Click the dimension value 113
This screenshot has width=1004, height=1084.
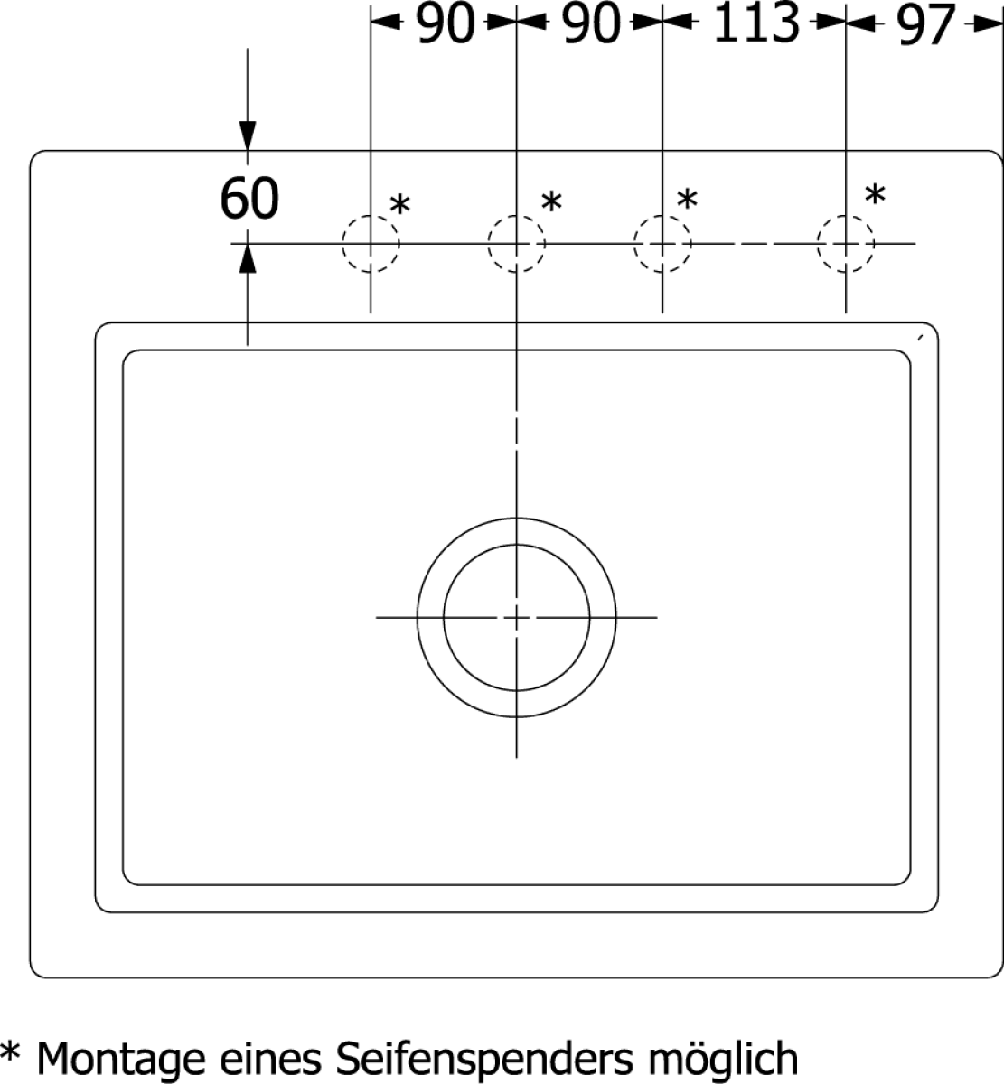756,23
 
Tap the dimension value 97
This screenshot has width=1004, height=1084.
926,24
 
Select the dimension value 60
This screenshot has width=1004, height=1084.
249,198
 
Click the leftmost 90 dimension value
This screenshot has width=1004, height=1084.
446,23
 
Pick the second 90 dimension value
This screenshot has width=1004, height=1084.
592,23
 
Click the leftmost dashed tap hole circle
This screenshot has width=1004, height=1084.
371,243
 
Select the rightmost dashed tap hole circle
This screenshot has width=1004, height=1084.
846,243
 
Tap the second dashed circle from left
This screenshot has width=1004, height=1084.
517,243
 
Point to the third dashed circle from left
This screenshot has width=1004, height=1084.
662,243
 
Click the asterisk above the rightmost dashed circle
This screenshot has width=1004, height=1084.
875,194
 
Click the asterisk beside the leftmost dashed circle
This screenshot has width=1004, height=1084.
399,205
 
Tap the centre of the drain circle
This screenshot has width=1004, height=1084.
517,617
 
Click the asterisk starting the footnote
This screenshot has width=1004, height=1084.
9,1051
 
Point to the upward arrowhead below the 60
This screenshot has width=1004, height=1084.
248,258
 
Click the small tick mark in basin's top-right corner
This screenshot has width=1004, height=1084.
921,337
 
